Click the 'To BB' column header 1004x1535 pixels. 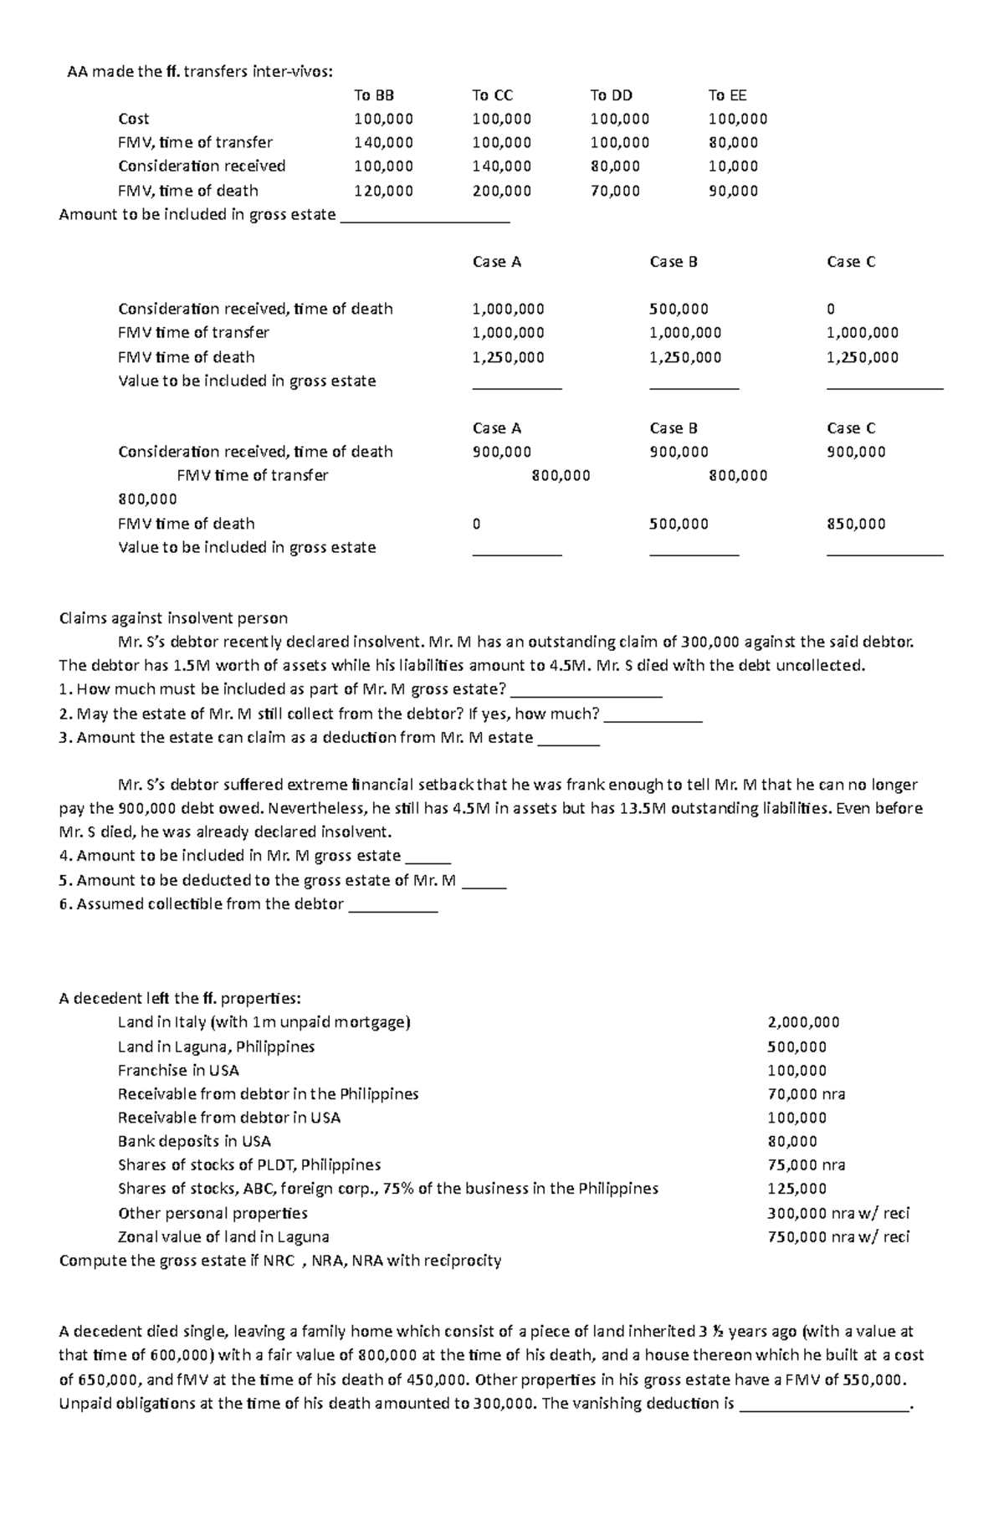(x=374, y=95)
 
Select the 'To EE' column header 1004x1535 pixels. (x=727, y=95)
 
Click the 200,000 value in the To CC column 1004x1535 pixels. (x=501, y=191)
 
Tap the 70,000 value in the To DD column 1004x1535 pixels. (x=615, y=191)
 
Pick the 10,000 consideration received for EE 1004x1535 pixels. (x=733, y=166)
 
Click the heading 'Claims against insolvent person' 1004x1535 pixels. (x=173, y=619)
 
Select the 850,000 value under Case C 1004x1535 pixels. (x=856, y=524)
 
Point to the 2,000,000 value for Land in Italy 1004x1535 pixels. (x=803, y=1022)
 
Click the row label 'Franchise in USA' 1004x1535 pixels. (x=178, y=1071)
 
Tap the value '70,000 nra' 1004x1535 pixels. (x=806, y=1094)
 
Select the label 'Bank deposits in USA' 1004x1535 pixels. (x=194, y=1142)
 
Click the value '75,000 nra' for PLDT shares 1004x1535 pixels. (x=806, y=1165)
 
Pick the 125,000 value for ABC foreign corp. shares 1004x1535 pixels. (x=797, y=1189)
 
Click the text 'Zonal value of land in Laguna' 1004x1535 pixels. (x=223, y=1237)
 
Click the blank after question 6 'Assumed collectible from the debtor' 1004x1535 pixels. (x=392, y=908)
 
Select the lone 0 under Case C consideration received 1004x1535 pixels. (x=831, y=309)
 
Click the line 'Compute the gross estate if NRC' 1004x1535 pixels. (x=279, y=1261)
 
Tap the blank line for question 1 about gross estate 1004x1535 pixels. (x=586, y=694)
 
